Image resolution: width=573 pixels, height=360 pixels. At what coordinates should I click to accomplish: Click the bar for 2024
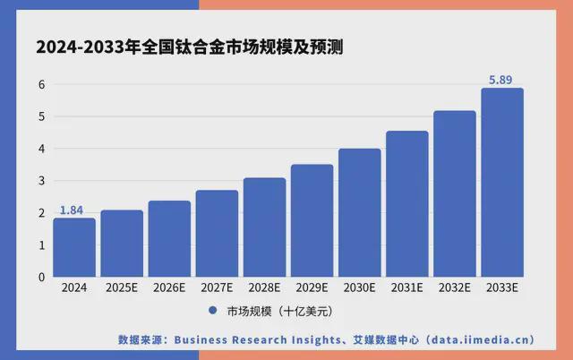73,247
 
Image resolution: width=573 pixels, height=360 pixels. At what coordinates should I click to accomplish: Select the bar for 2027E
217,233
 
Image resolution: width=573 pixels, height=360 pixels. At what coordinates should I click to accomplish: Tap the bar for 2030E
359,212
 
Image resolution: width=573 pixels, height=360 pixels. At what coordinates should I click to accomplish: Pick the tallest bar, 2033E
501,183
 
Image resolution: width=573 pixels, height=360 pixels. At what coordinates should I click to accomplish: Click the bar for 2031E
406,203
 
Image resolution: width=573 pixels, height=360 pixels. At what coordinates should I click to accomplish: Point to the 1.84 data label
72,210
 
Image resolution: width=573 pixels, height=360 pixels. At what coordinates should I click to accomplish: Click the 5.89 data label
501,81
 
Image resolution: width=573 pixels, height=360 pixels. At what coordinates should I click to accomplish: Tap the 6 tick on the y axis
40,85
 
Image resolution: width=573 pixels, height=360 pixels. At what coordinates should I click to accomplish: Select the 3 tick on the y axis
40,181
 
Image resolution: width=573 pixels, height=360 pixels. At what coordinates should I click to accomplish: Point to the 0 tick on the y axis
40,277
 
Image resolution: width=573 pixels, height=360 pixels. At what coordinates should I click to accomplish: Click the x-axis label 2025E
121,288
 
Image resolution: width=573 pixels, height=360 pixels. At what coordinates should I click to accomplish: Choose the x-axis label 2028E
264,288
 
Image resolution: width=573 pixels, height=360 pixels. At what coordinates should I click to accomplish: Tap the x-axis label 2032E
454,288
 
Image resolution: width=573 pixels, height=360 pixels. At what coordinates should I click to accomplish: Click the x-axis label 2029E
312,288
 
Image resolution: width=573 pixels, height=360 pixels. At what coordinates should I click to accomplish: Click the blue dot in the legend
213,312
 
